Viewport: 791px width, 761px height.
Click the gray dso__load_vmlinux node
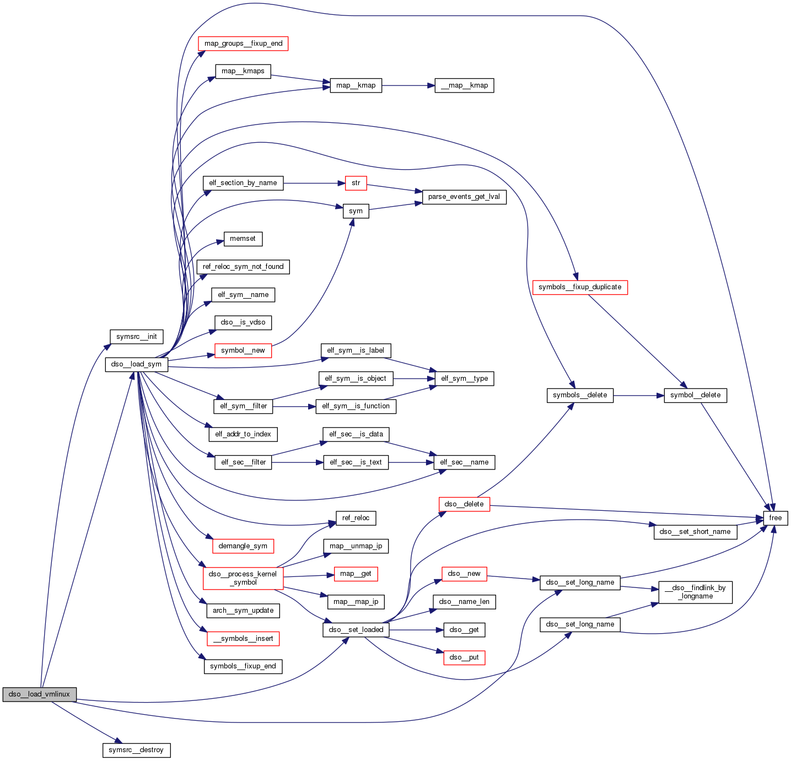tap(39, 694)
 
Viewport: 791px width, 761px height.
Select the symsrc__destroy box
tap(136, 750)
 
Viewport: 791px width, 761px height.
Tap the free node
tap(775, 518)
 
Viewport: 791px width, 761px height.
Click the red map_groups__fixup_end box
tap(243, 44)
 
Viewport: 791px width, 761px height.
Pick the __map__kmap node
tap(464, 85)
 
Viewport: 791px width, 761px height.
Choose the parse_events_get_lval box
tap(464, 197)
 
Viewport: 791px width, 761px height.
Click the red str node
tap(356, 183)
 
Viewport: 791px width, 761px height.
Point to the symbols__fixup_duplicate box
tap(580, 287)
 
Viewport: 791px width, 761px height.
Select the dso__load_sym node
tap(136, 364)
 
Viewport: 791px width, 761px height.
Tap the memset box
tap(243, 239)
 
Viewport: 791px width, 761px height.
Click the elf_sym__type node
tap(464, 379)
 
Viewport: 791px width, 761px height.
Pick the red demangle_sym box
tap(243, 546)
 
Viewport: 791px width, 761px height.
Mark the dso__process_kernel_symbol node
tap(243, 578)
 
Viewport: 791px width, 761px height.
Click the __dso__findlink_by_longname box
tap(695, 592)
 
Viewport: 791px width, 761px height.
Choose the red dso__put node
tap(464, 657)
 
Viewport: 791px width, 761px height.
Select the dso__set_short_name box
tap(695, 532)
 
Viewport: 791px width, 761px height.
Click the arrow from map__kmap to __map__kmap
tap(408, 85)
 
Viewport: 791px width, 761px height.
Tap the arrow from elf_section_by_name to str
tap(314, 183)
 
